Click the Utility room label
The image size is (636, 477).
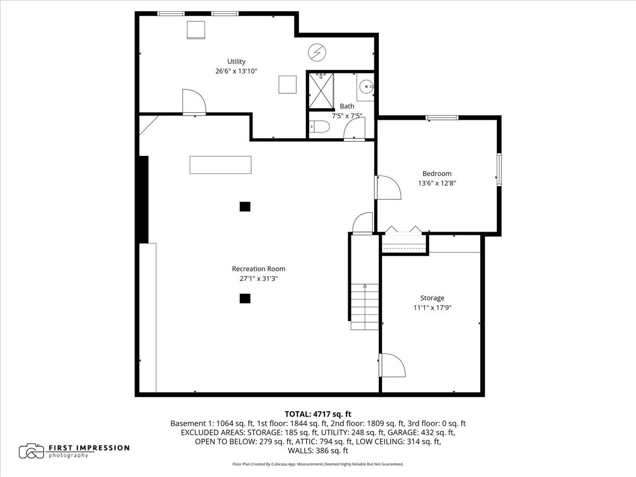(x=236, y=61)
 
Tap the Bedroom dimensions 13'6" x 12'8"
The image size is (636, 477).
(x=437, y=183)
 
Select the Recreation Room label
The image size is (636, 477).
(x=254, y=269)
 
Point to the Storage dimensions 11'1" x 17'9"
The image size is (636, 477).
(x=432, y=307)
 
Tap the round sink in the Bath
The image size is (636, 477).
(x=366, y=86)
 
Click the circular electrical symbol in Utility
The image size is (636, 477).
(x=317, y=52)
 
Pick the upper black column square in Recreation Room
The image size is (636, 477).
(x=244, y=207)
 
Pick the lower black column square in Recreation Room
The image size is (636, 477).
(x=244, y=299)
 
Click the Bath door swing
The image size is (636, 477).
(x=354, y=129)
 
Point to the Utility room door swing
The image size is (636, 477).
(x=193, y=102)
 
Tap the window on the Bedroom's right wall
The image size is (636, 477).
(x=499, y=170)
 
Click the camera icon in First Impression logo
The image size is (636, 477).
(x=31, y=451)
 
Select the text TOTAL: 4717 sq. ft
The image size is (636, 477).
(x=318, y=414)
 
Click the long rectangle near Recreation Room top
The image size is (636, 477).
(x=220, y=164)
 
